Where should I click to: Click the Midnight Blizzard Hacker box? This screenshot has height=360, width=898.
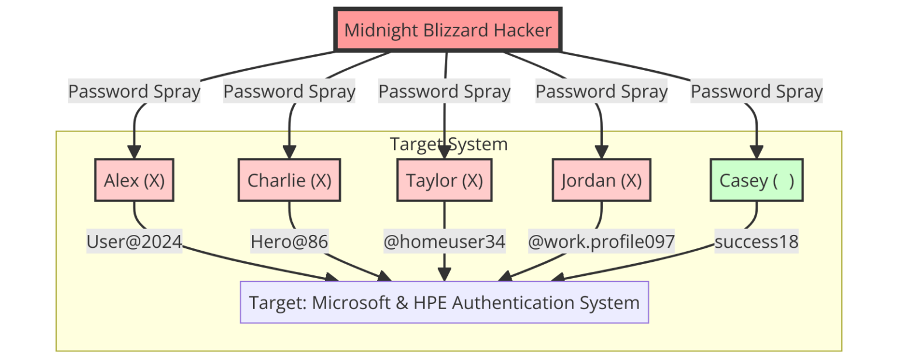coord(447,30)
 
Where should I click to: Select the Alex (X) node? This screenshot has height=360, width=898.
coord(134,181)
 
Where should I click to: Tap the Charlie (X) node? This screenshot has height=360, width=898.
coord(289,181)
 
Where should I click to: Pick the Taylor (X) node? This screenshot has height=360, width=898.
coord(444,181)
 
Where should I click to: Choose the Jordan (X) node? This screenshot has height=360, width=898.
coord(601,181)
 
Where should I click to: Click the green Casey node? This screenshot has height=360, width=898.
coord(757,181)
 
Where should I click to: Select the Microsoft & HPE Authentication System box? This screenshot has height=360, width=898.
coord(444,303)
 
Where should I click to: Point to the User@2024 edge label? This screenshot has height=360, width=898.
coord(134,241)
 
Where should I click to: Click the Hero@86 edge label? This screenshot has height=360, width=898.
coord(289,241)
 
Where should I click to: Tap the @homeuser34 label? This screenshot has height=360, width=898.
coord(444,241)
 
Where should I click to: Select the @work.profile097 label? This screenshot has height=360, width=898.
coord(601,241)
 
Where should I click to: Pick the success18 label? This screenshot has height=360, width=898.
coord(757,241)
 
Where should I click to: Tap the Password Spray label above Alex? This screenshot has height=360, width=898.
coord(134,92)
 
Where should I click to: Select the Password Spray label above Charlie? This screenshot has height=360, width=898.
coord(289,92)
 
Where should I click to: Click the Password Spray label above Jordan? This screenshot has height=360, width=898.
coord(601,92)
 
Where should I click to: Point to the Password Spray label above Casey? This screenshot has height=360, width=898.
coord(757,92)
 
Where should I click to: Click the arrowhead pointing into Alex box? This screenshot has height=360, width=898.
coord(134,153)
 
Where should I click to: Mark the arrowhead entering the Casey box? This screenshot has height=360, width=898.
coord(757,153)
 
